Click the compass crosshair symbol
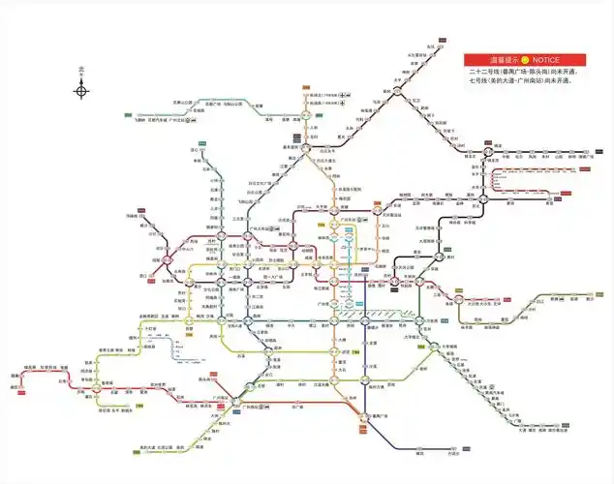82,91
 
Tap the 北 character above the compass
82,70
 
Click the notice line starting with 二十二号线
521,72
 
